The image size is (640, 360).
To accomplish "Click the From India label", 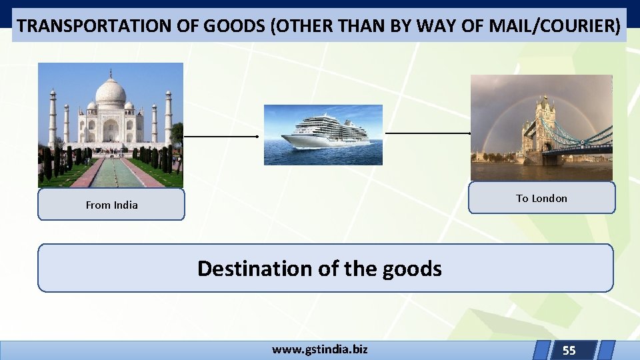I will coord(111,205).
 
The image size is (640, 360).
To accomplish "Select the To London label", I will coord(541,198).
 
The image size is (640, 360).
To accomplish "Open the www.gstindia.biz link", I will coord(319,349).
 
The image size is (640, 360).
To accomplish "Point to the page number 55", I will coord(569,350).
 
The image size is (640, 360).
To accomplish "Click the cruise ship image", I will coord(323,135).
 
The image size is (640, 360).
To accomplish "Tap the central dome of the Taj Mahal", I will coord(111,93).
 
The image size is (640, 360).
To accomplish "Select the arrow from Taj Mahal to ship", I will coord(221,136).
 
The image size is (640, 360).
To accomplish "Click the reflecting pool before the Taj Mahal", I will coord(111,173).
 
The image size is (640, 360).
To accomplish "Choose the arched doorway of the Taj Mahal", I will coord(111,129).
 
